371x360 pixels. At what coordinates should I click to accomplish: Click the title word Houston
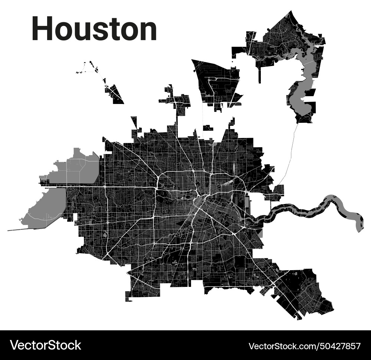point(94,29)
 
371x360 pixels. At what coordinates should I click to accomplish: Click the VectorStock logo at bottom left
point(46,345)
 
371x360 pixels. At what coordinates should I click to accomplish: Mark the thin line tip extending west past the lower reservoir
point(9,230)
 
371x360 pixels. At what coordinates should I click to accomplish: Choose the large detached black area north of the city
point(217,84)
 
